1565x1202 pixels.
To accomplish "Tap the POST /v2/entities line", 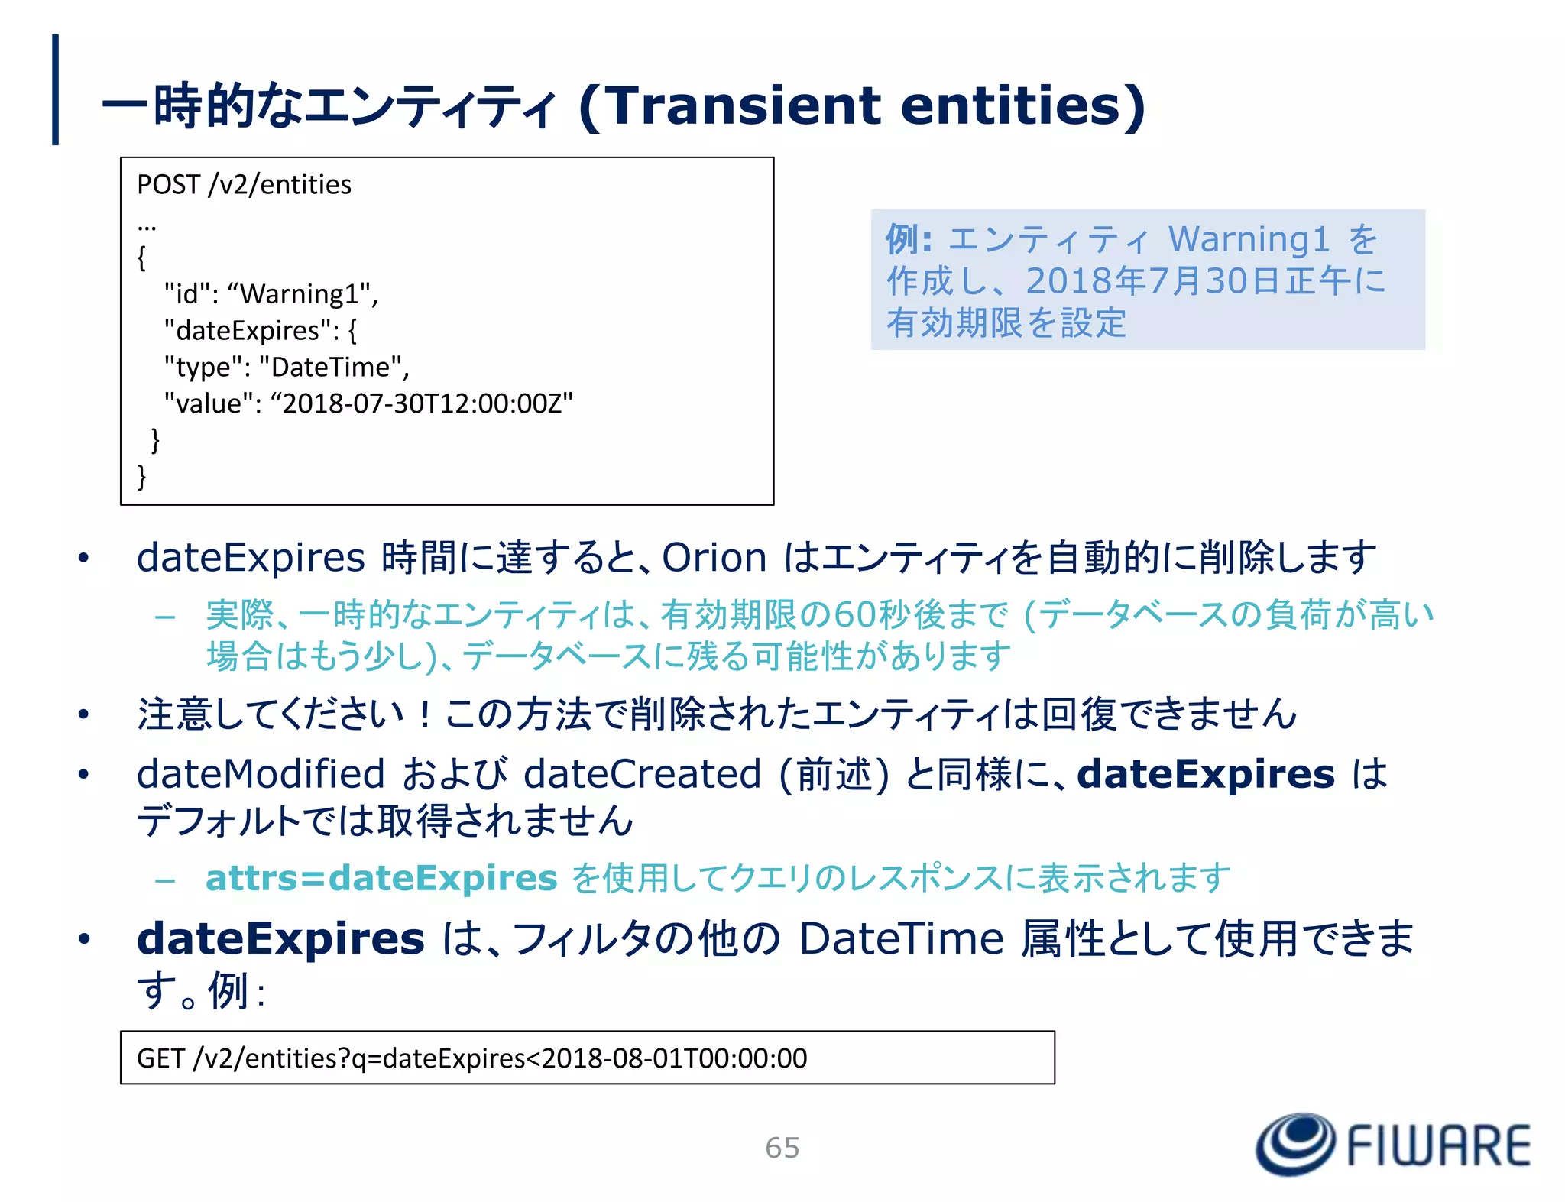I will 244,185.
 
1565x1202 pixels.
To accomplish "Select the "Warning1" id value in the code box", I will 302,294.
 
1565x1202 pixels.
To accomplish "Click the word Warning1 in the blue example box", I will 1249,239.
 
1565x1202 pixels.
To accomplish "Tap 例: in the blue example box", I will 908,239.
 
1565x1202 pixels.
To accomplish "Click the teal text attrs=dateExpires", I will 381,878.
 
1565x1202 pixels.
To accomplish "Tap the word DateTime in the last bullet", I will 901,938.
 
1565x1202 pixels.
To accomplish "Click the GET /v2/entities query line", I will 471,1058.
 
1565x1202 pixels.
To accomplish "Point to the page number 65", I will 782,1148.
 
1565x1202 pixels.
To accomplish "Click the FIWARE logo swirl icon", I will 1294,1144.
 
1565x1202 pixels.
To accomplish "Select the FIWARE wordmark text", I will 1438,1145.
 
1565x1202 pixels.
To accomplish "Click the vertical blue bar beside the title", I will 55,89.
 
